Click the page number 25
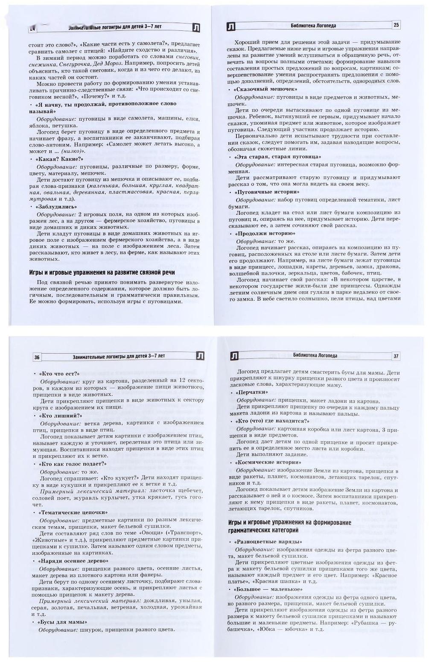pyautogui.click(x=396, y=25)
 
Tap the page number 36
pyautogui.click(x=38, y=357)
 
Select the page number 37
pyautogui.click(x=396, y=356)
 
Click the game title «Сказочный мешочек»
pyautogui.click(x=266, y=89)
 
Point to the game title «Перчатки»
pyautogui.click(x=252, y=392)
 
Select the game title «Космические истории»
pyautogui.click(x=268, y=463)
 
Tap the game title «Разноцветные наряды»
pyautogui.click(x=268, y=542)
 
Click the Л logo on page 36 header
pyautogui.click(x=199, y=356)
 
